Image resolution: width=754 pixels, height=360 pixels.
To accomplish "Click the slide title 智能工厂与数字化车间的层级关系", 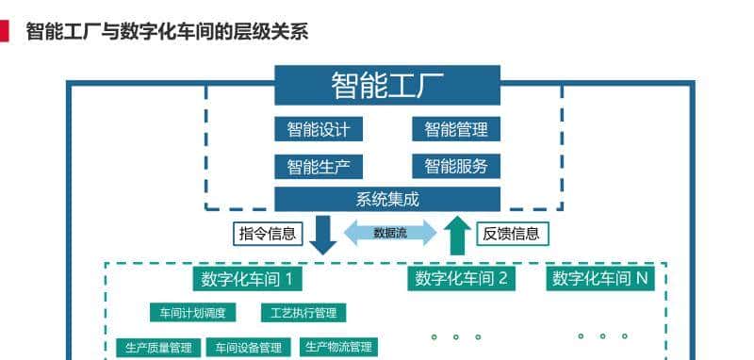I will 167,32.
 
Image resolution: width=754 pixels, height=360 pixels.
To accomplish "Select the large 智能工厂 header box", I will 386,85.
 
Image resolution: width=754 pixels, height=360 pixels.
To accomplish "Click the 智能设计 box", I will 319,129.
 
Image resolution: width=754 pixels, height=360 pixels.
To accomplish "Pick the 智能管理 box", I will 456,129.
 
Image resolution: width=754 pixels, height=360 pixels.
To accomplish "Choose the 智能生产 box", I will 319,167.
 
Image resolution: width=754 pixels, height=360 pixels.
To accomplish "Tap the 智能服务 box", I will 456,167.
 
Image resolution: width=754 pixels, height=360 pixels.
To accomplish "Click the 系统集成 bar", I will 386,199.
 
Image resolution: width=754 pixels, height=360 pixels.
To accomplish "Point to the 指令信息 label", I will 268,233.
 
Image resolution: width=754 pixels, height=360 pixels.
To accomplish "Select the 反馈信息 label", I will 512,233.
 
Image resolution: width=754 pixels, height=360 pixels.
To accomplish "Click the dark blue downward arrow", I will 322,235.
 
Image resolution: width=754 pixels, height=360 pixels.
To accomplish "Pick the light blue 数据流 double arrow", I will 390,233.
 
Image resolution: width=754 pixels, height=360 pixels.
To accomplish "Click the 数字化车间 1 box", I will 248,279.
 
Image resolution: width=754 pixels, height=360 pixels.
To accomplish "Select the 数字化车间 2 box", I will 462,278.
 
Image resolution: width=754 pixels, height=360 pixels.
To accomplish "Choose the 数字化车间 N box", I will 600,278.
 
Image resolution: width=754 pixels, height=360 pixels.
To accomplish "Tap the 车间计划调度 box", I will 193,313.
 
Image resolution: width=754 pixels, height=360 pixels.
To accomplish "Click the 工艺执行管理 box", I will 303,313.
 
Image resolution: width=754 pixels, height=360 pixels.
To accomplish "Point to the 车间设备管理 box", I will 243,348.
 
